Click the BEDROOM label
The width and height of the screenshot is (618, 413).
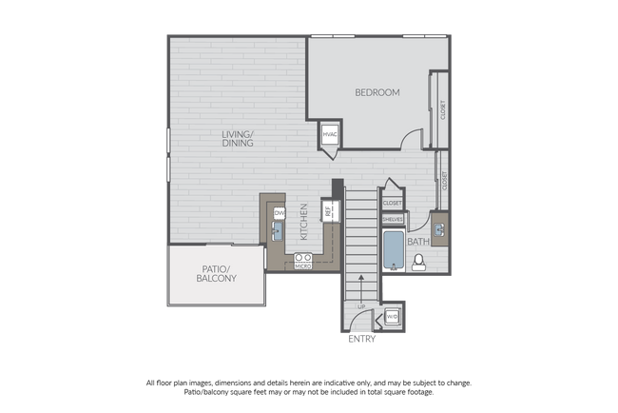pyautogui.click(x=377, y=92)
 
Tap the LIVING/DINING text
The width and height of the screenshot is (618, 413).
pyautogui.click(x=238, y=139)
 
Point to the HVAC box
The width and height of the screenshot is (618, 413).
pyautogui.click(x=331, y=135)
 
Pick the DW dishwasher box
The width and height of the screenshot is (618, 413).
pyautogui.click(x=280, y=213)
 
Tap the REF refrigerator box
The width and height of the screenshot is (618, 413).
pyautogui.click(x=328, y=211)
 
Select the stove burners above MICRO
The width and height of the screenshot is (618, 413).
pyautogui.click(x=303, y=257)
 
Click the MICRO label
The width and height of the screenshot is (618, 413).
pyautogui.click(x=303, y=266)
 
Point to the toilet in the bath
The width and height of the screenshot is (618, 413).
pyautogui.click(x=420, y=262)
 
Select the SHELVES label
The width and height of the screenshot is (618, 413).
pyautogui.click(x=393, y=219)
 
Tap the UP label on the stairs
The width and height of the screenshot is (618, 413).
pyautogui.click(x=361, y=306)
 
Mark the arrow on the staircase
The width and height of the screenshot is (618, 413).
pyautogui.click(x=361, y=283)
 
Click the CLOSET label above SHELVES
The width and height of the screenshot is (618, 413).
pyautogui.click(x=393, y=203)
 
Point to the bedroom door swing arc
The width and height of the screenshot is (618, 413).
pyautogui.click(x=410, y=138)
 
